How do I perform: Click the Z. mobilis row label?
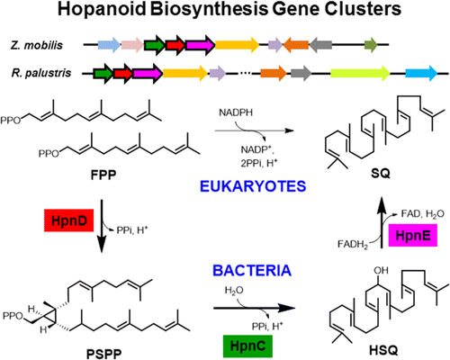[40, 42]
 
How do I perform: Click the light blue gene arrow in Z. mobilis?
[108, 43]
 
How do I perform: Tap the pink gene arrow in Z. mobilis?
[131, 43]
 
